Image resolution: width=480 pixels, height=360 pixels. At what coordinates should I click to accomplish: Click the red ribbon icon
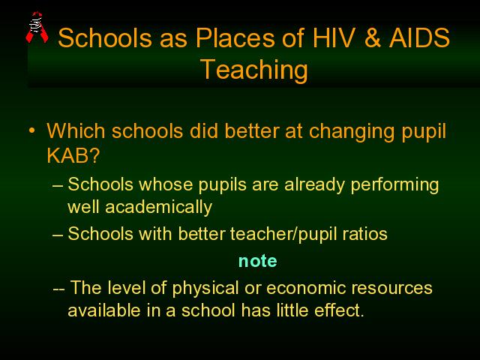(37, 27)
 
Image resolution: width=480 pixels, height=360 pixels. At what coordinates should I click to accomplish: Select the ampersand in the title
(371, 37)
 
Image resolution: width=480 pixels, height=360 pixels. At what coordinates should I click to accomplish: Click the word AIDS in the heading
(419, 37)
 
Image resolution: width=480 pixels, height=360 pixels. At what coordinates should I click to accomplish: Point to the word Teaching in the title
(253, 70)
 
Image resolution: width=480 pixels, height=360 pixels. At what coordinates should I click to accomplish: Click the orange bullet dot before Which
(31, 130)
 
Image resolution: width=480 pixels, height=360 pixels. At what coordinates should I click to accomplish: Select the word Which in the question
(76, 131)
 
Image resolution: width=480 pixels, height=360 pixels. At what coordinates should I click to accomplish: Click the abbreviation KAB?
(73, 155)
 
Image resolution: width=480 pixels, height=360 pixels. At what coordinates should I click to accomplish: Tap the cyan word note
(258, 261)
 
